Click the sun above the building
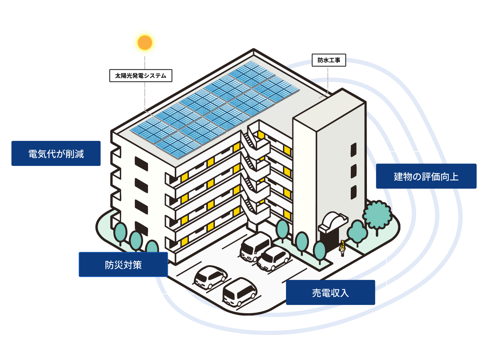point(145,43)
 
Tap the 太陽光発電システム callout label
point(141,76)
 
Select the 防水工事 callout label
point(329,60)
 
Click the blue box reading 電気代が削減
point(56,153)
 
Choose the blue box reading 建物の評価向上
point(426,176)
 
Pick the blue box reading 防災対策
point(123,265)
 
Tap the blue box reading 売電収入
point(330,292)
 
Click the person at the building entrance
point(342,248)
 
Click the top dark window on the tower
point(353,150)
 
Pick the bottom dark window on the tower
point(353,192)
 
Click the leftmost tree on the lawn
point(120,232)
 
